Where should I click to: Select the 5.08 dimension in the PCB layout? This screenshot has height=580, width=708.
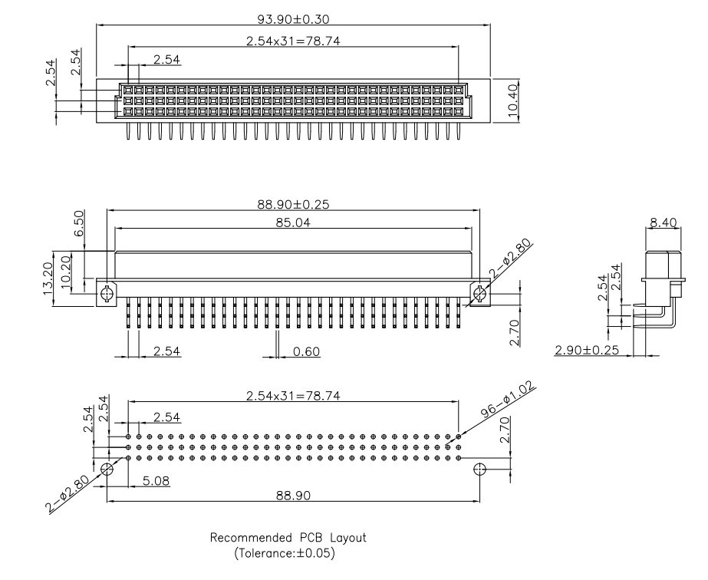(156, 480)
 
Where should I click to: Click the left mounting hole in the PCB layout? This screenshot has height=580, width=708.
(107, 469)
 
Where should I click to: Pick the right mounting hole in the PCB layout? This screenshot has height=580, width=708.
(480, 469)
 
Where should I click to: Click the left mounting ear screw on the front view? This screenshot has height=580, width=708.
(106, 292)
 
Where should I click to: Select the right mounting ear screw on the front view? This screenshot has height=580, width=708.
(481, 292)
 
